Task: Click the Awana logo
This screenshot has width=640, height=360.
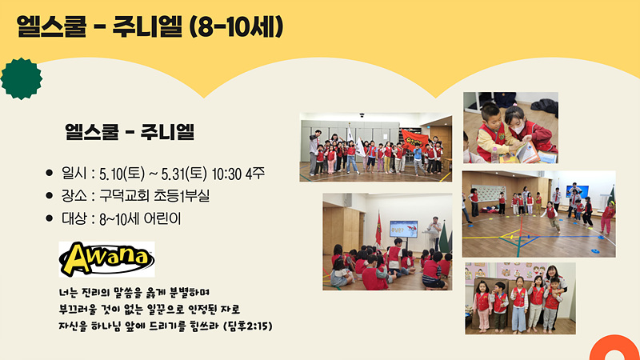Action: click(106, 258)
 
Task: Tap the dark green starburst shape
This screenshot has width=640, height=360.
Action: click(22, 78)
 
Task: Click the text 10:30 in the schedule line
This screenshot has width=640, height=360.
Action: click(226, 174)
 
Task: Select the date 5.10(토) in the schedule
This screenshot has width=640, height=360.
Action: click(122, 174)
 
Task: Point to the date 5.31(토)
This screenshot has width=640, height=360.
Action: click(184, 174)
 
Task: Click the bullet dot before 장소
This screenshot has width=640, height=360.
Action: click(50, 196)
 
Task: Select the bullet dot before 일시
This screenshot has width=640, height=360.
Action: click(50, 173)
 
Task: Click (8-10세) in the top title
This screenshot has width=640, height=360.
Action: click(236, 27)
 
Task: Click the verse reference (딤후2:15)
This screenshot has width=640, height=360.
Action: click(248, 326)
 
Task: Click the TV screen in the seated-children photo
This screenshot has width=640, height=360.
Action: click(403, 229)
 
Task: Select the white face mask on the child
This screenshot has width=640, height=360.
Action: click(518, 129)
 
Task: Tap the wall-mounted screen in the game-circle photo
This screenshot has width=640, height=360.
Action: click(577, 191)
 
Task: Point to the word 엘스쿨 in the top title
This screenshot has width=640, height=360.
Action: click(52, 27)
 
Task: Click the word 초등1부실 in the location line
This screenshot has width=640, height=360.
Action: click(182, 196)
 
